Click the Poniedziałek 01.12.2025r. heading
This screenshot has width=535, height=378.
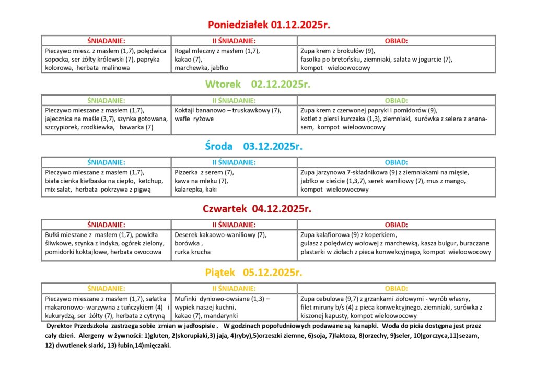click(269, 25)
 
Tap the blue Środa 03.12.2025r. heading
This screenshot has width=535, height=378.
click(254, 146)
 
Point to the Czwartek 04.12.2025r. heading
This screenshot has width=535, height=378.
click(257, 209)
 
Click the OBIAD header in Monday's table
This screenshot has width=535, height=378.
click(397, 41)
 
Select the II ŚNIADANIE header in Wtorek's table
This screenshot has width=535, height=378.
click(234, 100)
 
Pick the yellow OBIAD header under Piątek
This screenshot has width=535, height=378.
click(397, 288)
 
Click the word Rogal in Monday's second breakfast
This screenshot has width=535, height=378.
click(184, 51)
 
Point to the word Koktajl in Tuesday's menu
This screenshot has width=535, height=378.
click(186, 110)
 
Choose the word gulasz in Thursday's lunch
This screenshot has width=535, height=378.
click(310, 243)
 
